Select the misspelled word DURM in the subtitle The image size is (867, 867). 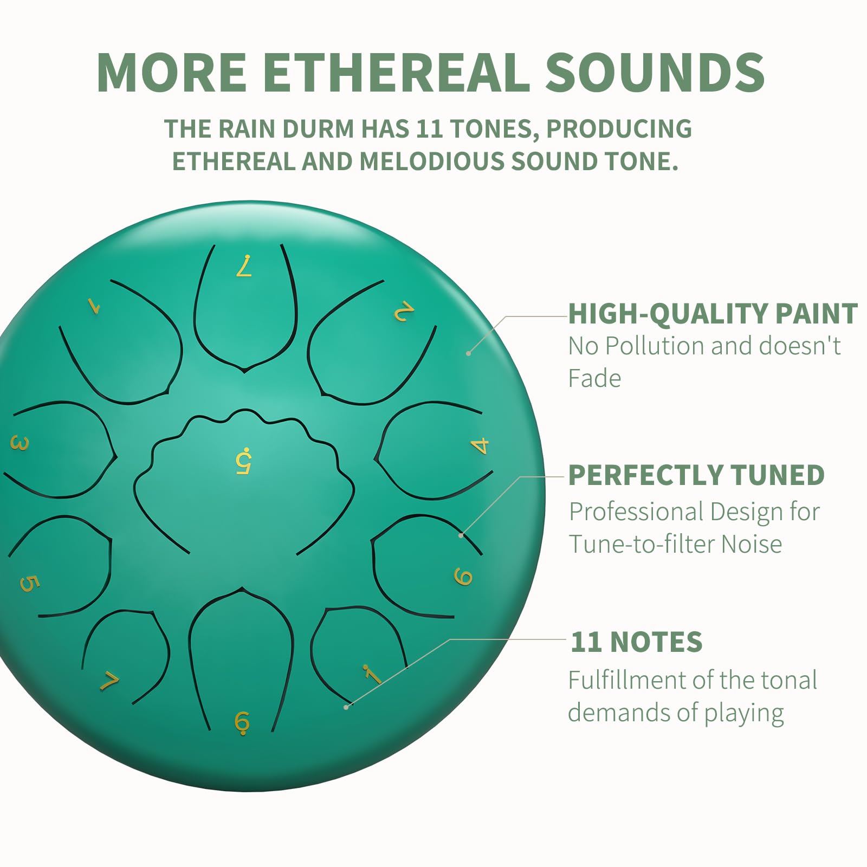(318, 128)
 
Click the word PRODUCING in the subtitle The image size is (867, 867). (619, 128)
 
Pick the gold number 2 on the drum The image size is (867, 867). (404, 312)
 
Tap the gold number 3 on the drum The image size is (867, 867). (20, 444)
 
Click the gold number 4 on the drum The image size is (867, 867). (480, 446)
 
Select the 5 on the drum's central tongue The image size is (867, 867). (244, 461)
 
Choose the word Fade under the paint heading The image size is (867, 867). (594, 378)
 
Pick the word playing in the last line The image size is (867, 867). (744, 714)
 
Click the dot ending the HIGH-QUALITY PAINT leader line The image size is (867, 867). (468, 353)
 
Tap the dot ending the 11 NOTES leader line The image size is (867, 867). (346, 707)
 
